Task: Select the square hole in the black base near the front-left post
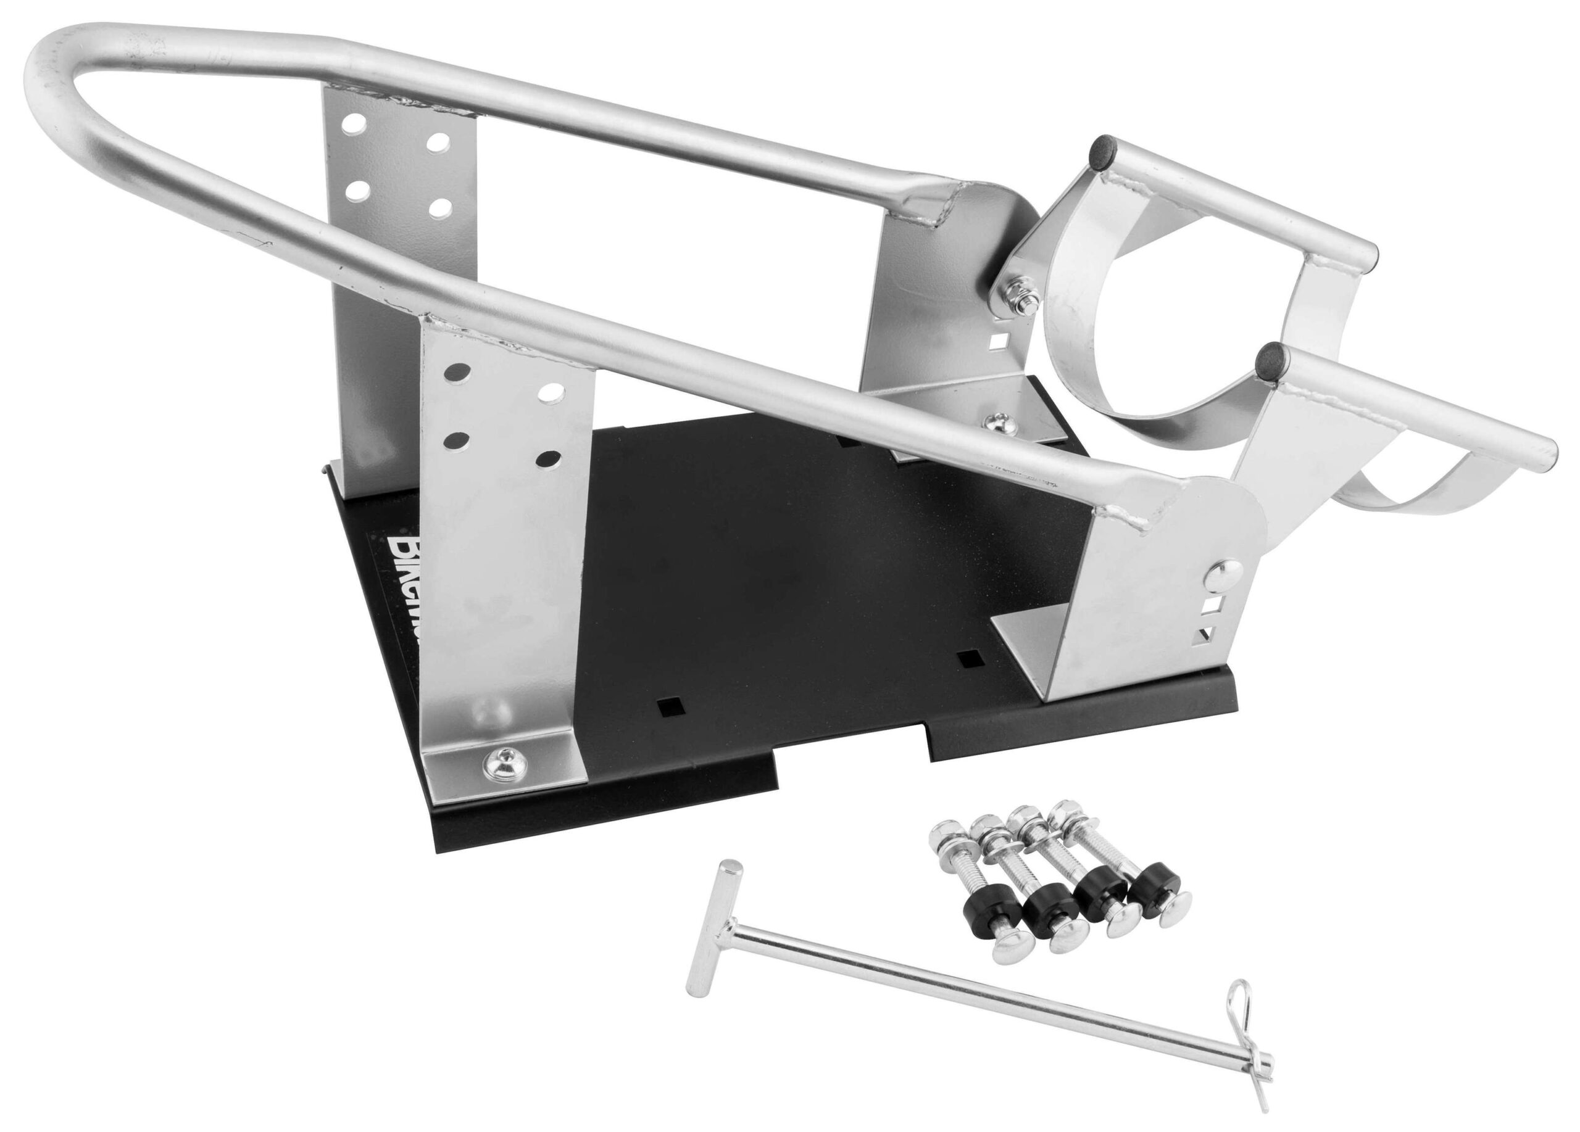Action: tap(671, 706)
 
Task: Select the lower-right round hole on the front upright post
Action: tap(549, 460)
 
